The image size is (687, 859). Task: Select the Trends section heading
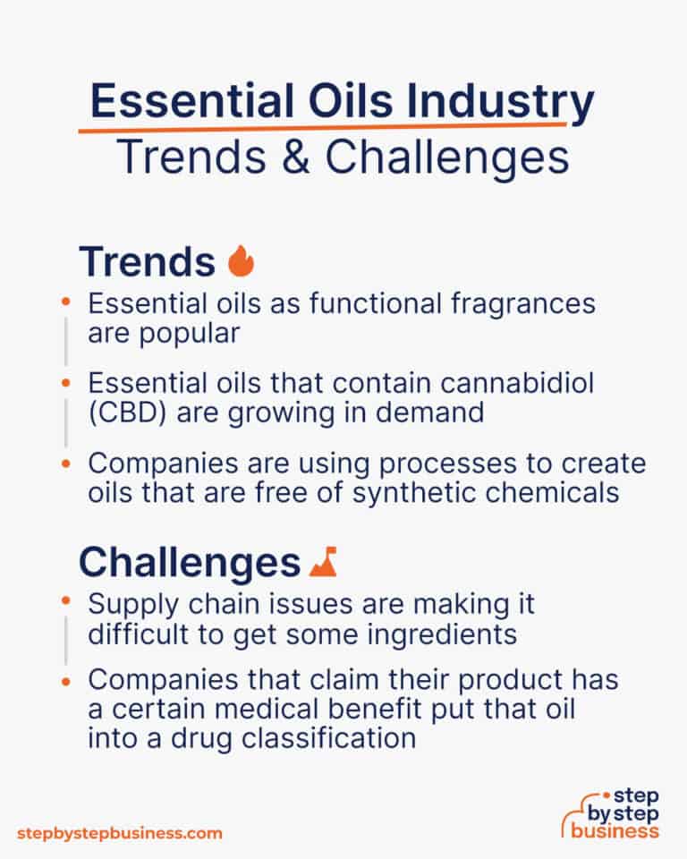tap(147, 261)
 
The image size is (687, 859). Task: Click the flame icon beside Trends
tap(241, 261)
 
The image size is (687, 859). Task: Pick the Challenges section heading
tap(189, 562)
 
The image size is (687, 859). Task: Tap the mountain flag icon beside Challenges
tap(322, 562)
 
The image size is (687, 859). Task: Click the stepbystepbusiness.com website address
tap(118, 833)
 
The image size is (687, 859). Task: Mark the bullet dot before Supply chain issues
tap(64, 603)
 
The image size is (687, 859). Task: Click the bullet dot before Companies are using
tap(64, 464)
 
